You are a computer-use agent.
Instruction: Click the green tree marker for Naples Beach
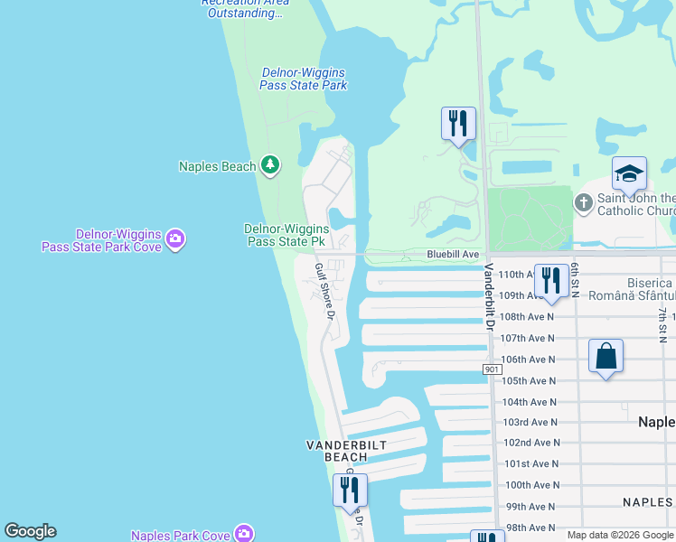269,164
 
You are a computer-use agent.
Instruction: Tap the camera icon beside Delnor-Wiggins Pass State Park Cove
175,239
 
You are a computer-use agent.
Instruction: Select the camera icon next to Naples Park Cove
244,535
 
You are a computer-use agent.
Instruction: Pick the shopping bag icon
606,355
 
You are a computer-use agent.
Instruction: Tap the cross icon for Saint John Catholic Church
584,203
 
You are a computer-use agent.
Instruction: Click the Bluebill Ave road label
453,256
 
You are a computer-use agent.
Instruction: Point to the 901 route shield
492,369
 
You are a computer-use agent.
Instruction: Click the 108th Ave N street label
527,317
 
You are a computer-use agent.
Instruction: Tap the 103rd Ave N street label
530,422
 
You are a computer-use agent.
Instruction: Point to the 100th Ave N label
531,485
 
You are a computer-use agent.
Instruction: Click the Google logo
30,531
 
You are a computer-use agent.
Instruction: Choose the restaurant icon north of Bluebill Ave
458,123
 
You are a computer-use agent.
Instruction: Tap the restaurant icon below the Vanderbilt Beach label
350,490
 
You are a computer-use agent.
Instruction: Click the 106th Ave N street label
528,359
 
